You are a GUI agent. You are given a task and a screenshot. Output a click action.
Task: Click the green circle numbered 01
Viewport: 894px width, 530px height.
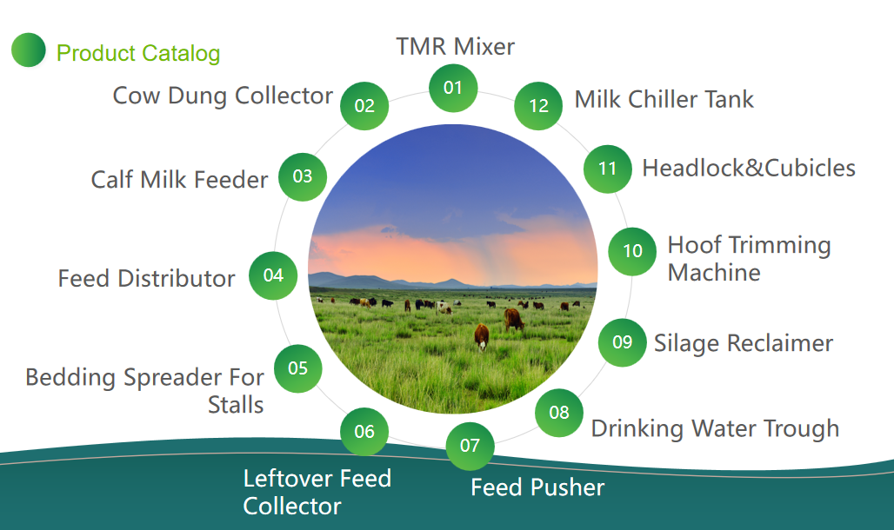click(453, 88)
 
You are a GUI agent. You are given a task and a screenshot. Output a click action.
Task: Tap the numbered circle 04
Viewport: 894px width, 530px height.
click(273, 275)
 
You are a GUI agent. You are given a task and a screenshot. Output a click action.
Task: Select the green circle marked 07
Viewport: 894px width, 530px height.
click(470, 446)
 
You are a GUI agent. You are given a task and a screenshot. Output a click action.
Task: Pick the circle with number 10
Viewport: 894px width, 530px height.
click(632, 251)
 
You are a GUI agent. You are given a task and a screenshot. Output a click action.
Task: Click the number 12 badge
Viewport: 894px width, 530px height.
click(538, 106)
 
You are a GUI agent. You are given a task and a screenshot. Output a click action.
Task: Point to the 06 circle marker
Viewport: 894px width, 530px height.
click(364, 432)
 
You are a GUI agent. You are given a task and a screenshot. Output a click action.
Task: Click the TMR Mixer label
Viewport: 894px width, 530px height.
click(455, 47)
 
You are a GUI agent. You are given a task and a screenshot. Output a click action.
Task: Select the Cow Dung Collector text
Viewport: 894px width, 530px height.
click(223, 96)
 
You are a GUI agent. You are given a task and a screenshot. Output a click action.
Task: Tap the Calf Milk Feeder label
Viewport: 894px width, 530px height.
click(179, 180)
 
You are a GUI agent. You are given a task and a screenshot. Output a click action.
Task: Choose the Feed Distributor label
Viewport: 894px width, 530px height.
click(146, 279)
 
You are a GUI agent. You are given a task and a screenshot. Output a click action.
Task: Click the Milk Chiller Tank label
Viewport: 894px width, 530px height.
click(664, 99)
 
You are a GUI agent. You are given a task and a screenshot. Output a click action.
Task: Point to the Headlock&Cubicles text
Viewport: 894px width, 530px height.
click(749, 168)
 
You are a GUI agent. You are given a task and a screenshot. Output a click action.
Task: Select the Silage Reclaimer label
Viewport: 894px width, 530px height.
click(744, 344)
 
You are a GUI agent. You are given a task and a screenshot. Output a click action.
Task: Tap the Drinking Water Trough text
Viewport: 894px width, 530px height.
click(715, 428)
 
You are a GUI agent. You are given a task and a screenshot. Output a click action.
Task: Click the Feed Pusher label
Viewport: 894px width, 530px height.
click(537, 487)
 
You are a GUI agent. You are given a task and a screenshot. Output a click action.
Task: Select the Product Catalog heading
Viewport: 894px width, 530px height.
click(138, 54)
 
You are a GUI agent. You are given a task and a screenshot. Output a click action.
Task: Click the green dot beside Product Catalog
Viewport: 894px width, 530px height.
click(29, 50)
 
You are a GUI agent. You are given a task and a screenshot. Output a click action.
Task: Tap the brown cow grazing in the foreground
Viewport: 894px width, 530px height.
click(482, 336)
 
